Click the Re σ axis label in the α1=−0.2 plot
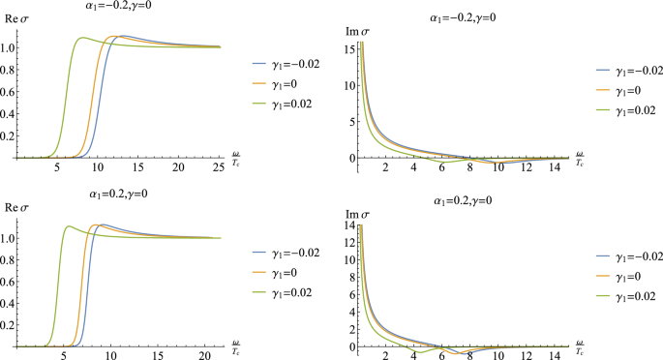(19, 30)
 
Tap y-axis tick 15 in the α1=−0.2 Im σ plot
(349, 44)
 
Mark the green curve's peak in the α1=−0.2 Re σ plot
(83, 38)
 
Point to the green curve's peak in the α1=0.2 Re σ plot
(68, 226)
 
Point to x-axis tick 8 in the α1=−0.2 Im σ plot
(469, 168)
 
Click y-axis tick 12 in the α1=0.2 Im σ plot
(349, 242)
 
